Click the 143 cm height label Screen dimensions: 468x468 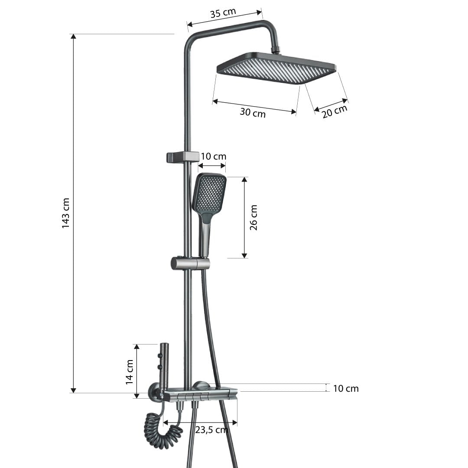click(x=66, y=213)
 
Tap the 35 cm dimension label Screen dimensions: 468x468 click(x=223, y=13)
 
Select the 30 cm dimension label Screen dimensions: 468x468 click(x=252, y=113)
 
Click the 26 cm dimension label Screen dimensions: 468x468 click(x=254, y=218)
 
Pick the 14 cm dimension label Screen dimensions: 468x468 click(x=129, y=372)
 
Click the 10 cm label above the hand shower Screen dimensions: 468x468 click(x=214, y=156)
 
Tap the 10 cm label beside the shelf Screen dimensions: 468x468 click(x=345, y=389)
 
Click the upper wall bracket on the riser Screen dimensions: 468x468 click(x=182, y=157)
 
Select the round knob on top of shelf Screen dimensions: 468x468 click(x=201, y=385)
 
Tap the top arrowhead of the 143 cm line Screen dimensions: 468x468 click(x=74, y=36)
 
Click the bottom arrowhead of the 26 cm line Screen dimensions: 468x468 click(x=244, y=256)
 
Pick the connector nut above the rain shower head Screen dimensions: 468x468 click(x=276, y=50)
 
